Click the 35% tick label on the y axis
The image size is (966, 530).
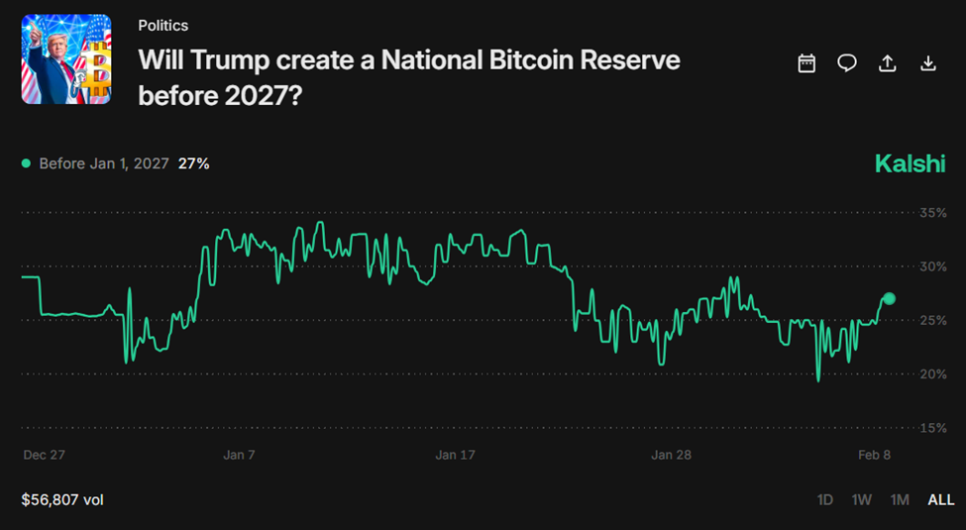click(x=933, y=213)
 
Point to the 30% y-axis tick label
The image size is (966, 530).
click(x=933, y=266)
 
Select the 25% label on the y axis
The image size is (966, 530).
click(x=933, y=320)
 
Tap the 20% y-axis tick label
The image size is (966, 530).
click(x=933, y=373)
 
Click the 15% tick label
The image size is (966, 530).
click(x=933, y=428)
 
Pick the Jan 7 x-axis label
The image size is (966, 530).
click(x=239, y=455)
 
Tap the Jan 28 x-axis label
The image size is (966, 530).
click(x=671, y=455)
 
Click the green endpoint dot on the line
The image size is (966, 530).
click(x=889, y=298)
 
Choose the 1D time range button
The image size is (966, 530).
click(x=824, y=499)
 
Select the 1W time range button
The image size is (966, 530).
click(x=861, y=499)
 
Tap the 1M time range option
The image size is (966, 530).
click(x=899, y=499)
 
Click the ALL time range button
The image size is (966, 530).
click(x=940, y=499)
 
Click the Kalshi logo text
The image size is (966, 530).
click(x=910, y=163)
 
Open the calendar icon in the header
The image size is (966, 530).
click(x=806, y=63)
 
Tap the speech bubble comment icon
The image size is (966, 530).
click(x=847, y=63)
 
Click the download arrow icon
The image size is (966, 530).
click(x=928, y=63)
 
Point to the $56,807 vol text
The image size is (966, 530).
click(x=62, y=499)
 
